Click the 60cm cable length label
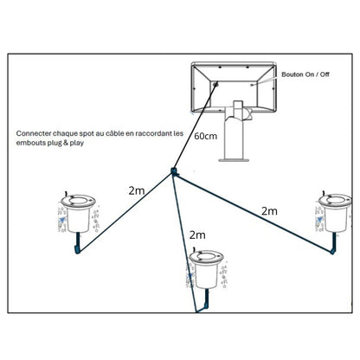pos(205,136)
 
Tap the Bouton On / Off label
pos(305,74)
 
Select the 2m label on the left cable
pos(137,190)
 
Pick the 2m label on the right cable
pos(269,211)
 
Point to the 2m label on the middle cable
pos(197,235)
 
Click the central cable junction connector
pos(174,171)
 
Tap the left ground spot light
pos(78,214)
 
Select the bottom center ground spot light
pos(206,269)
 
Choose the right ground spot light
pos(335,213)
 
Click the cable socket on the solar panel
pos(215,84)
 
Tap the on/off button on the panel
pos(253,85)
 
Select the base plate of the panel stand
pos(234,160)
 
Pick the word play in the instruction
pos(77,144)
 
